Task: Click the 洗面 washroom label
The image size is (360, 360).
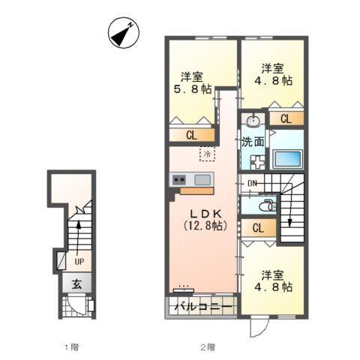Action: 252,142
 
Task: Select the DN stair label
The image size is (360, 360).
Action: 252,184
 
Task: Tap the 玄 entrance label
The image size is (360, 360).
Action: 77,284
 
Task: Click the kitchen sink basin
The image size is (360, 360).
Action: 202,180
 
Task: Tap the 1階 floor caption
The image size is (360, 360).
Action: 72,347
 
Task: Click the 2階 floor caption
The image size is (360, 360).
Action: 208,347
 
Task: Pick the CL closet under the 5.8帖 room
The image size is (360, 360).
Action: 192,135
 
